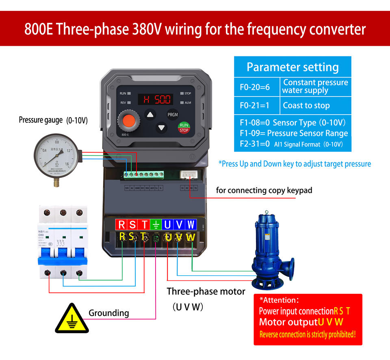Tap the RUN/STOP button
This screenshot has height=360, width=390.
tap(184, 128)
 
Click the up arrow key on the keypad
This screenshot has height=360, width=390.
tap(151, 114)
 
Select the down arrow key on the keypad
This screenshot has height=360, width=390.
tap(162, 128)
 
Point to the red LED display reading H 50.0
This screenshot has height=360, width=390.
tap(155, 99)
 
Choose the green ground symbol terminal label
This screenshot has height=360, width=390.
tap(156, 225)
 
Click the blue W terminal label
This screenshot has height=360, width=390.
tap(191, 225)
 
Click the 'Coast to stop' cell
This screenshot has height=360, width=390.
tap(306, 106)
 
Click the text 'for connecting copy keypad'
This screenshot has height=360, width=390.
tap(264, 190)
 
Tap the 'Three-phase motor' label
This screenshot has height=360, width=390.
tap(206, 291)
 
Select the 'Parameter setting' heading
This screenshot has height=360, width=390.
tap(292, 67)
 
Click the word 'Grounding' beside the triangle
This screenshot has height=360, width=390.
tap(108, 313)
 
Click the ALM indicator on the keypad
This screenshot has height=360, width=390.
tap(186, 103)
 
